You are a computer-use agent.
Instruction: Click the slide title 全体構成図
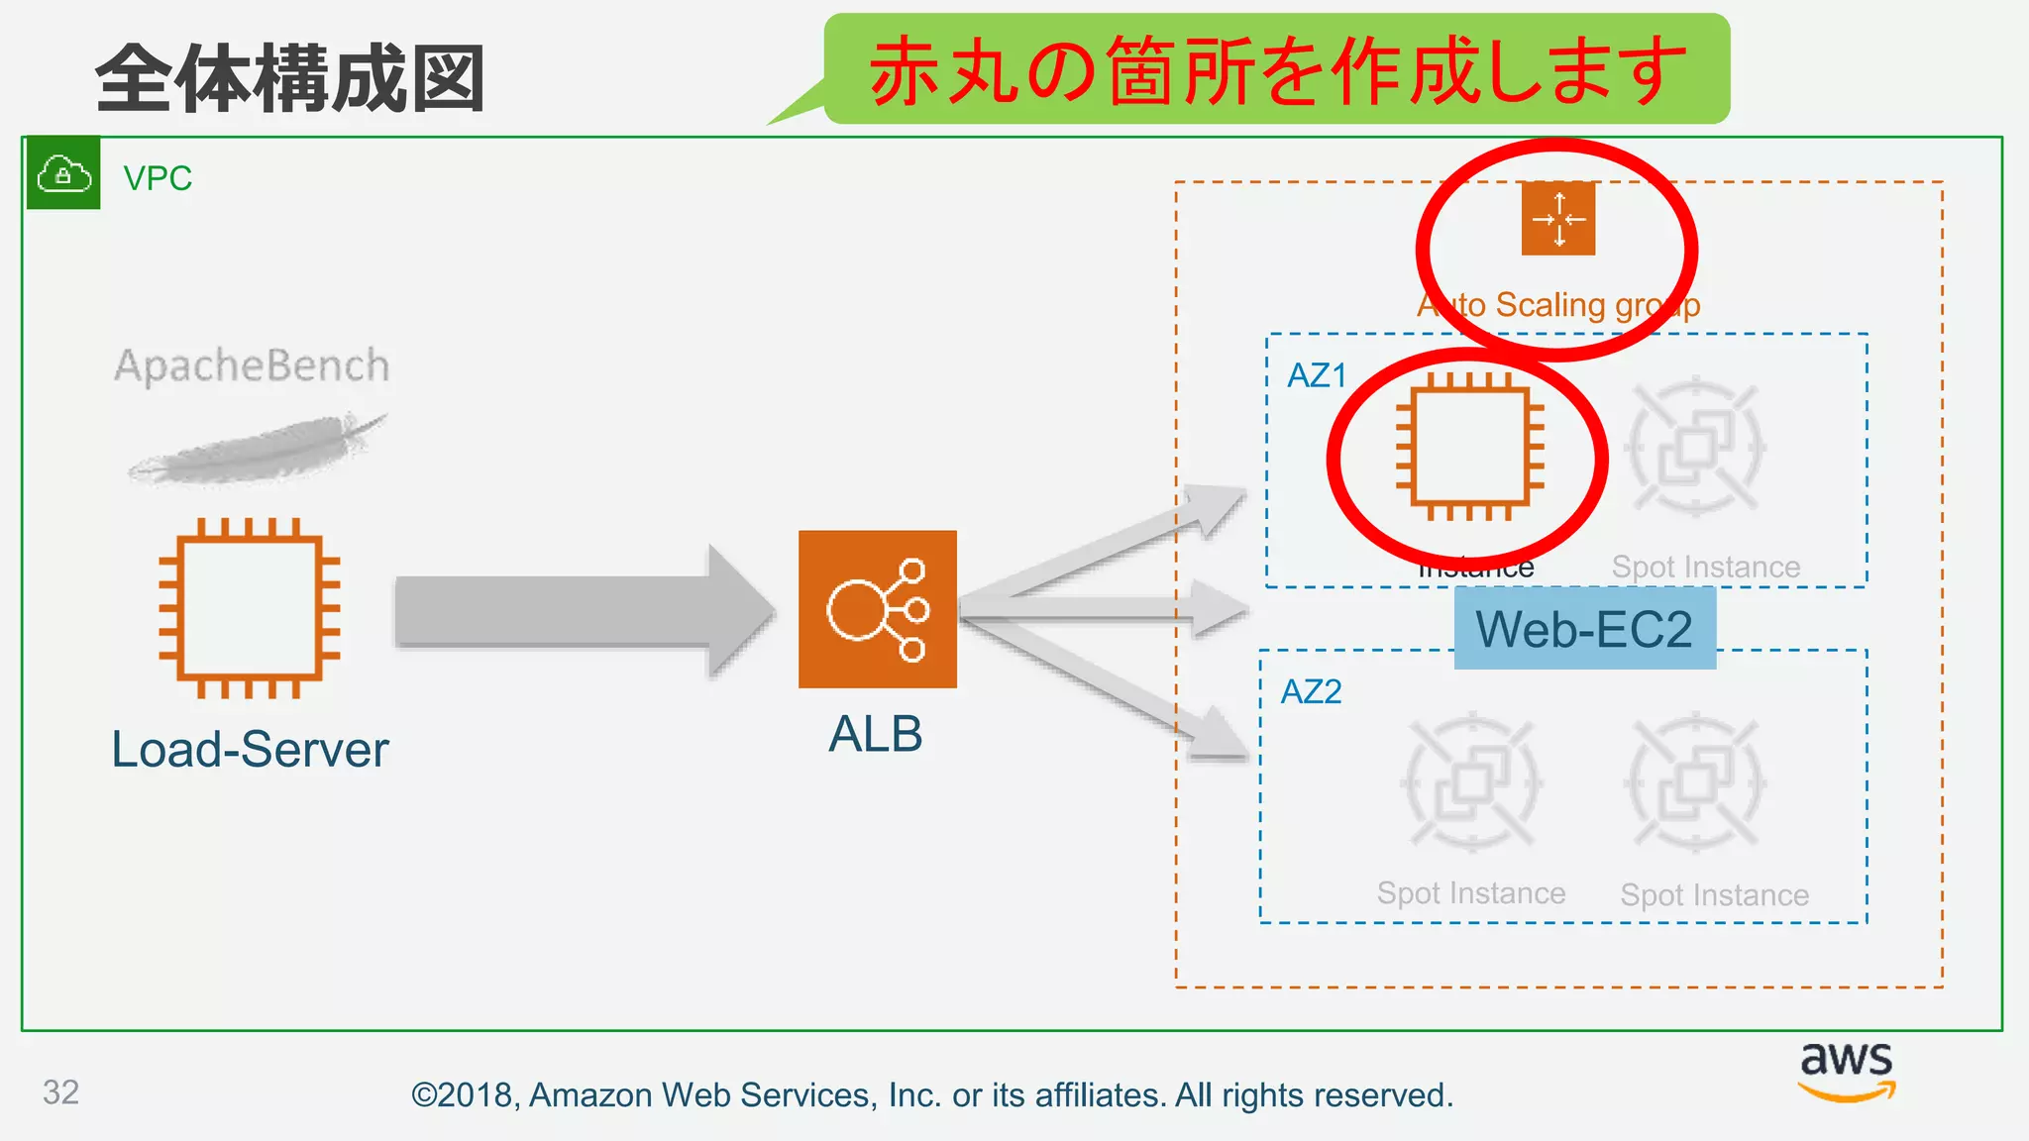click(x=289, y=79)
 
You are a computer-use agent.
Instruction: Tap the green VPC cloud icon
click(x=63, y=173)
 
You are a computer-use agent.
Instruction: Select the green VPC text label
click(x=158, y=178)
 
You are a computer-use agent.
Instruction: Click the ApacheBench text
click(x=252, y=365)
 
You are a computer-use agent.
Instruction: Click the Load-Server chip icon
click(x=250, y=607)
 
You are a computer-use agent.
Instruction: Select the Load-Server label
click(x=250, y=749)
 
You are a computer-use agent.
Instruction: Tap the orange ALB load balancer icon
click(x=877, y=609)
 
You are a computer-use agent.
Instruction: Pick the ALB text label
click(x=876, y=734)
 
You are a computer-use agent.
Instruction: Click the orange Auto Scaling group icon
click(x=1558, y=218)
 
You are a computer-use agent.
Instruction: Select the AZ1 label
click(x=1317, y=375)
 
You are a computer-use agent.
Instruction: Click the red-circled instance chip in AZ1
click(x=1469, y=447)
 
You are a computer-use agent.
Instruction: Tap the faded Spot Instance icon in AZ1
click(x=1695, y=447)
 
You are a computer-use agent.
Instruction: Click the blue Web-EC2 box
click(x=1584, y=629)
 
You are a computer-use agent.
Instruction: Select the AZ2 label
click(x=1311, y=691)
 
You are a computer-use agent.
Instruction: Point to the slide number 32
click(x=60, y=1091)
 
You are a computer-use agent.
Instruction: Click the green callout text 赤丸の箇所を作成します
click(x=1277, y=69)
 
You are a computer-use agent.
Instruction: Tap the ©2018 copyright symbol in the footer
click(x=424, y=1095)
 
